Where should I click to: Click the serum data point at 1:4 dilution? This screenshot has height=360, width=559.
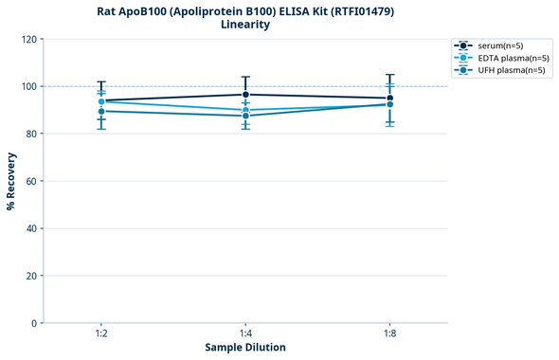pyautogui.click(x=245, y=95)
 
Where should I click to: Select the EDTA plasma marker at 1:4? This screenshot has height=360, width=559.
pyautogui.click(x=245, y=110)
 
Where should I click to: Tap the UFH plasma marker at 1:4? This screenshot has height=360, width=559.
pyautogui.click(x=245, y=116)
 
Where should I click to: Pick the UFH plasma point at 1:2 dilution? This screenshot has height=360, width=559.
pyautogui.click(x=101, y=111)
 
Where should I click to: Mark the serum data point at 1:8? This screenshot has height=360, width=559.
pyautogui.click(x=389, y=99)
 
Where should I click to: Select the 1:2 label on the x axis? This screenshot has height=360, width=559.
pyautogui.click(x=101, y=334)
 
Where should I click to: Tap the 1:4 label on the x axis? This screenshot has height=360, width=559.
pyautogui.click(x=245, y=334)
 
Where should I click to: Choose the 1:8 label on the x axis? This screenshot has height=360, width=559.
pyautogui.click(x=389, y=334)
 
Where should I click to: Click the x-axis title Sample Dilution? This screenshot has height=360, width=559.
pyautogui.click(x=245, y=348)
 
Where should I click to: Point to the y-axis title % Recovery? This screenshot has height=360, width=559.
pyautogui.click(x=11, y=181)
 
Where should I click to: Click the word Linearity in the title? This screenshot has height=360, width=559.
pyautogui.click(x=245, y=25)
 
